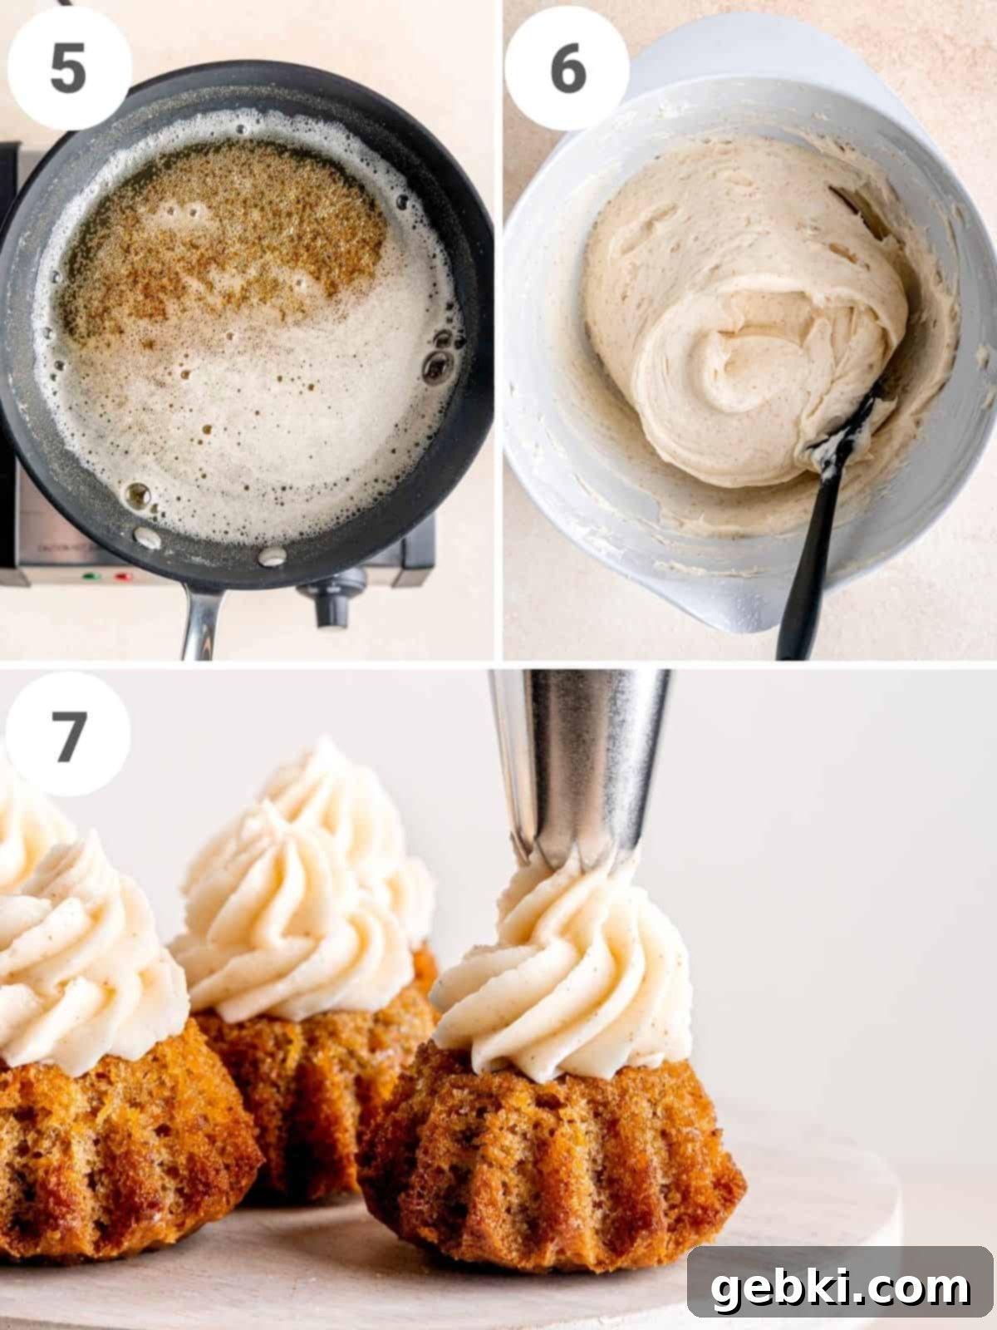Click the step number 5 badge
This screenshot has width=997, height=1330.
click(68, 67)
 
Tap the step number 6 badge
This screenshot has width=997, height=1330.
click(567, 67)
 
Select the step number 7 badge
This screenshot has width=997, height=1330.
click(68, 734)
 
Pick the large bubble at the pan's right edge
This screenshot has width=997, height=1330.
click(437, 365)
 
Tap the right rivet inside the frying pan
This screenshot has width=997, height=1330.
click(272, 556)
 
